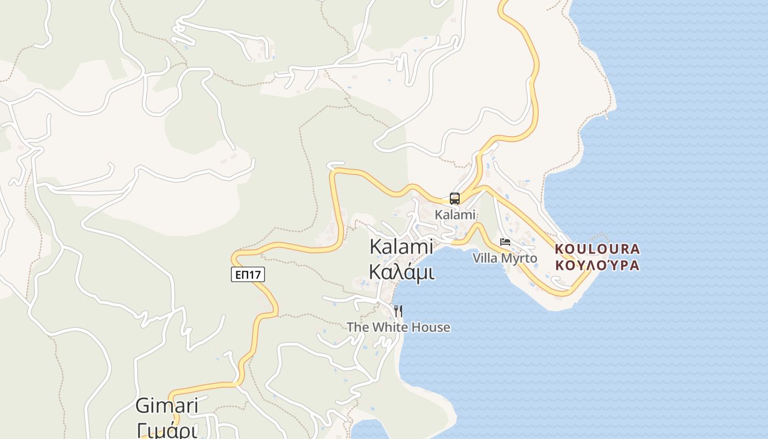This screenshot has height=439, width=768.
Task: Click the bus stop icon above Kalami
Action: click(x=455, y=199)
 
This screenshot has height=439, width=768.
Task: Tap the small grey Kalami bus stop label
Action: click(x=455, y=215)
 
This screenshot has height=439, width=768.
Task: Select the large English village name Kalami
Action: click(x=401, y=246)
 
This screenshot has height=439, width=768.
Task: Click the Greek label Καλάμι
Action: click(x=402, y=271)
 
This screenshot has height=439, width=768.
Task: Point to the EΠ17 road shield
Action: click(x=248, y=274)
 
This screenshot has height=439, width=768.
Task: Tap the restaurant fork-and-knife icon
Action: click(x=398, y=311)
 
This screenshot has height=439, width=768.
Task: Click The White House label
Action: click(x=398, y=328)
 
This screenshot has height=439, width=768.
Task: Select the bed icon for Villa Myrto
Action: click(x=505, y=242)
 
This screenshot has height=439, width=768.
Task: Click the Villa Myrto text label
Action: click(x=505, y=258)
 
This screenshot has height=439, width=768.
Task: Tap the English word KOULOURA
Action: click(x=597, y=249)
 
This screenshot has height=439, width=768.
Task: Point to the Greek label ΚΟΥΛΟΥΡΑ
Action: click(x=597, y=266)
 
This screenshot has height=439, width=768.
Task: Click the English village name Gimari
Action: click(x=167, y=406)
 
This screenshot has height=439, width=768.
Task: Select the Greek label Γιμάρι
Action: click(x=167, y=431)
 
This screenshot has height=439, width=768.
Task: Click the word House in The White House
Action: click(x=431, y=328)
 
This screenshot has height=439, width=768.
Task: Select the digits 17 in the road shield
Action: click(x=255, y=274)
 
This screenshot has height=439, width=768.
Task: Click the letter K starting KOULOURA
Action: click(x=559, y=249)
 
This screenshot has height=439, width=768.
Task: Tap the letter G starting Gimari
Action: click(x=142, y=406)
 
